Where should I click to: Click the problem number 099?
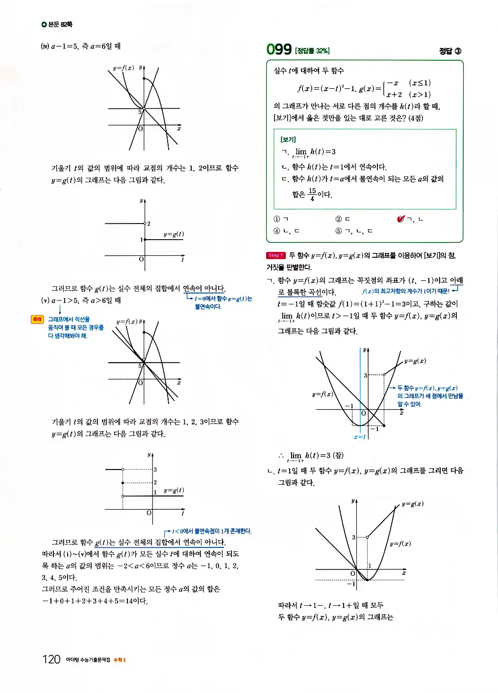(278, 49)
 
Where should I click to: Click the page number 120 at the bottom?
(51, 659)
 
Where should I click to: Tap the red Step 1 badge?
(275, 255)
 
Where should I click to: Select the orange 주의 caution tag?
(37, 320)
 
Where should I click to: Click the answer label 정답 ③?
(449, 51)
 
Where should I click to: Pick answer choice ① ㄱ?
(281, 219)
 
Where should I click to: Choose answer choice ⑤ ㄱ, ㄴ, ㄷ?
(353, 231)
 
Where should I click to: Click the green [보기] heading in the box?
(288, 140)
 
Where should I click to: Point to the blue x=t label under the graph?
(359, 437)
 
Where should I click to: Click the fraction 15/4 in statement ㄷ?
(312, 194)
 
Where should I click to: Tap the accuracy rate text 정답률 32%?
(312, 50)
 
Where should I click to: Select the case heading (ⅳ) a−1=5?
(81, 46)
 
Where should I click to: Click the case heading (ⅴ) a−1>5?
(81, 300)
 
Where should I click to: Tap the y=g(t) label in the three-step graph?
(174, 490)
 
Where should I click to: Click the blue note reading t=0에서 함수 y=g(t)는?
(223, 298)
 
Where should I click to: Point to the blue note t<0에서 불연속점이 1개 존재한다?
(211, 531)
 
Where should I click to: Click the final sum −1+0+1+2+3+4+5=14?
(94, 601)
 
